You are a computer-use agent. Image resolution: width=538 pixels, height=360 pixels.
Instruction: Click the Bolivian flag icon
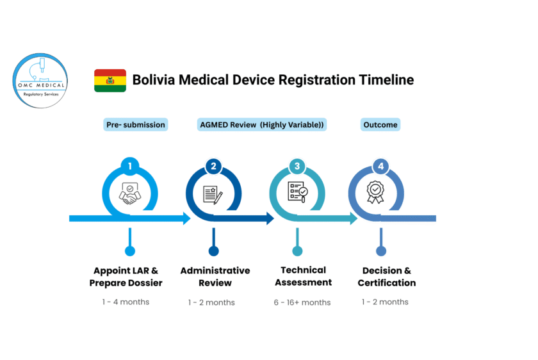tap(110, 81)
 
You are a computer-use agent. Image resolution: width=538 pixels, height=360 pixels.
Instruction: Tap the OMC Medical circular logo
tap(40, 81)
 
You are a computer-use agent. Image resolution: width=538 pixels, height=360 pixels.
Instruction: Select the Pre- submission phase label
tap(136, 124)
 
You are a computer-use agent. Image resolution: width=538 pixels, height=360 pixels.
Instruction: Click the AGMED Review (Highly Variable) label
tap(262, 124)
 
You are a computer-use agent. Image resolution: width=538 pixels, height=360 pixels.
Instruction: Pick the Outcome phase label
tap(380, 124)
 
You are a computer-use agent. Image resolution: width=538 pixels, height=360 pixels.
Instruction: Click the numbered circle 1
tap(130, 166)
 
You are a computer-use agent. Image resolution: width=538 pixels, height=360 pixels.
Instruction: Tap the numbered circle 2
tap(213, 166)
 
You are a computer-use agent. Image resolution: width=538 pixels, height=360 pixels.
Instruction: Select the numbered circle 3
tap(297, 166)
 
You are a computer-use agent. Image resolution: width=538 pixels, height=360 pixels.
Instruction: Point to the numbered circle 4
tap(381, 166)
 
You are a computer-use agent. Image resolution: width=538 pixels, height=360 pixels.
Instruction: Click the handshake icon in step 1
tap(129, 193)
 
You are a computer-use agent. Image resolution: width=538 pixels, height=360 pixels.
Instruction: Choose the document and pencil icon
tap(213, 195)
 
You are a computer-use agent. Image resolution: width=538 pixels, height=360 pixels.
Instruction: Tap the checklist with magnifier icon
tap(297, 192)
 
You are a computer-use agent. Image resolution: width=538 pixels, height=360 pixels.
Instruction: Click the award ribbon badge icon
tap(375, 192)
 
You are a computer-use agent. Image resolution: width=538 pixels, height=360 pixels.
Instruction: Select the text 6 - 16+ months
tap(302, 302)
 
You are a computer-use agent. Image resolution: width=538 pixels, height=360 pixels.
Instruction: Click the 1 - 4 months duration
tap(126, 302)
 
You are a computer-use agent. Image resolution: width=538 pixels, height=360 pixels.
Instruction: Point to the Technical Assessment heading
tap(304, 276)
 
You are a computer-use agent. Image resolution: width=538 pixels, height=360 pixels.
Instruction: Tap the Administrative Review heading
tap(215, 277)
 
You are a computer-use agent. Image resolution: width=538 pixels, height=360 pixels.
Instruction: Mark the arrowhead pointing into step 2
tap(187, 218)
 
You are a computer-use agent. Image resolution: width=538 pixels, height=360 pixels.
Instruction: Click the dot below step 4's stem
tap(381, 251)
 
